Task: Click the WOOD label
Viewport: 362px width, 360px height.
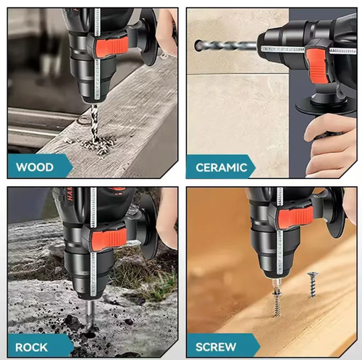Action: (x=35, y=167)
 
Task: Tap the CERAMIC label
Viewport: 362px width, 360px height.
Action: (x=221, y=167)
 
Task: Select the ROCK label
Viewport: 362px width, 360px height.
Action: (x=32, y=346)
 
